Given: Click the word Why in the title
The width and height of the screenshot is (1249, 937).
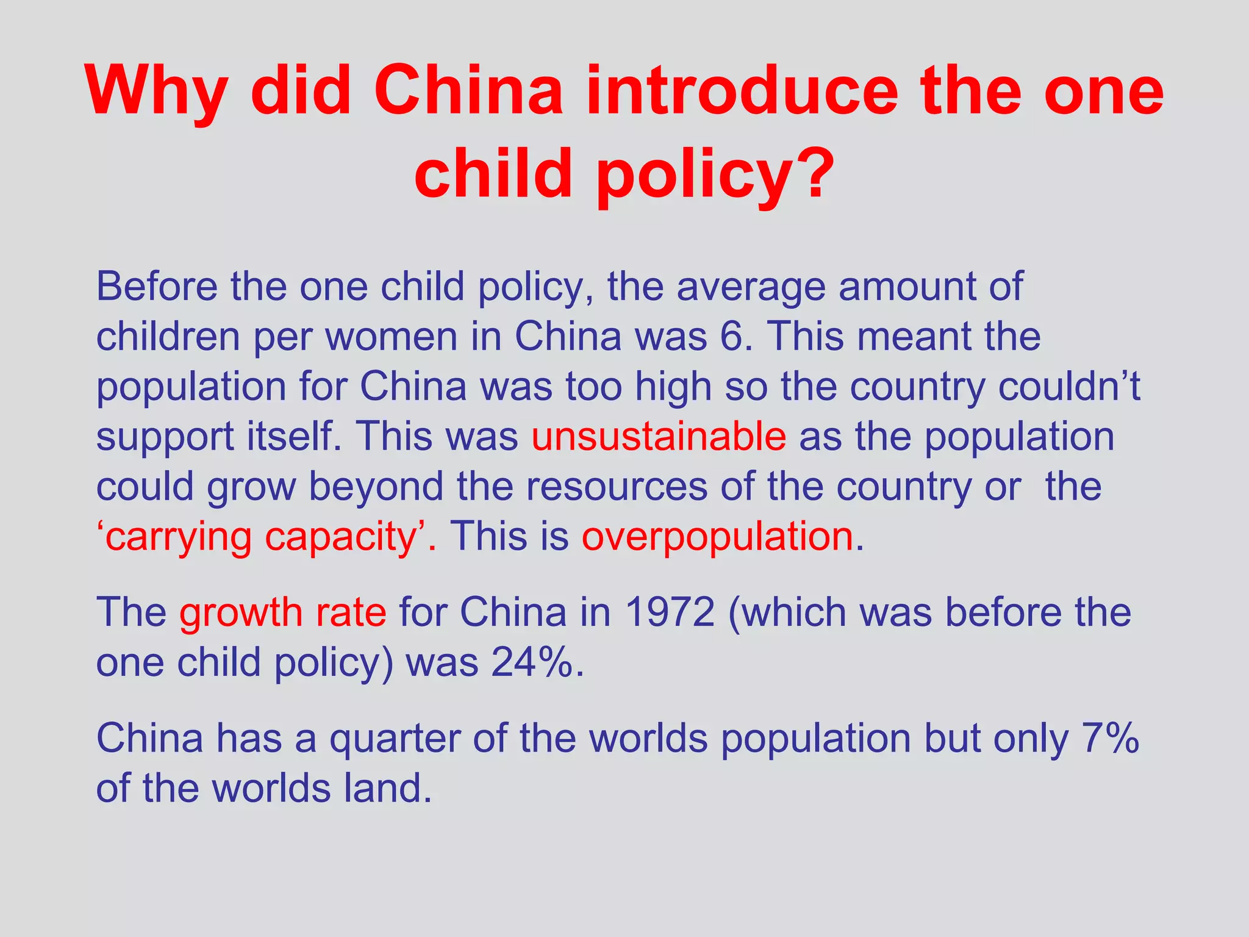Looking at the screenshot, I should click(156, 92).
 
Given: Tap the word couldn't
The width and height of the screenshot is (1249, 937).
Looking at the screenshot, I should click(1069, 386).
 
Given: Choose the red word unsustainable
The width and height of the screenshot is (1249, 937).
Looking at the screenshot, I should click(659, 436).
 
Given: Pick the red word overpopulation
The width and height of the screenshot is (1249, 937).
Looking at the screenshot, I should click(718, 537).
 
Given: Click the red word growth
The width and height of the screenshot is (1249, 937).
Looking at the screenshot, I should click(240, 612).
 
